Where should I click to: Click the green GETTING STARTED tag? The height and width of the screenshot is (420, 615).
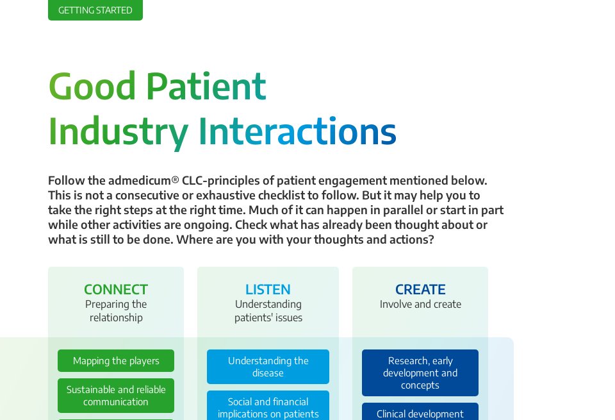95,10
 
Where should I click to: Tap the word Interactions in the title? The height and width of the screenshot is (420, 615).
297,131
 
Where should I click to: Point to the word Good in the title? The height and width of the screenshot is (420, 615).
92,87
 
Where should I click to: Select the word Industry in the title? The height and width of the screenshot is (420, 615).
119,131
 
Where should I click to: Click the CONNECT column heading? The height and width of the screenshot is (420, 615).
116,289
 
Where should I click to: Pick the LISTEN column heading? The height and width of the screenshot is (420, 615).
268,289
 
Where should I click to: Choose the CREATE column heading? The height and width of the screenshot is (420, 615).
420,289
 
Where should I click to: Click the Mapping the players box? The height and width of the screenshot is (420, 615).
116,360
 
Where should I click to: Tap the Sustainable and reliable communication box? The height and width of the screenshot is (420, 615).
116,396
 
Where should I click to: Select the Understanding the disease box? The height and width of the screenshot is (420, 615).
268,367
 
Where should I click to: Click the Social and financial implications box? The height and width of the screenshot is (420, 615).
268,407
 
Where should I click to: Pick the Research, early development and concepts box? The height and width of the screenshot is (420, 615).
420,373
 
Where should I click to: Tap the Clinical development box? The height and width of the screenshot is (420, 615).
420,413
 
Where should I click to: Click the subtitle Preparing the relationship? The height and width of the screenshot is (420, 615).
116,311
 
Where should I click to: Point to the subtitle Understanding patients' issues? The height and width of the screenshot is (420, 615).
268,311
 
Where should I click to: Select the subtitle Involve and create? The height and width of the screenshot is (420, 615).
420,304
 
